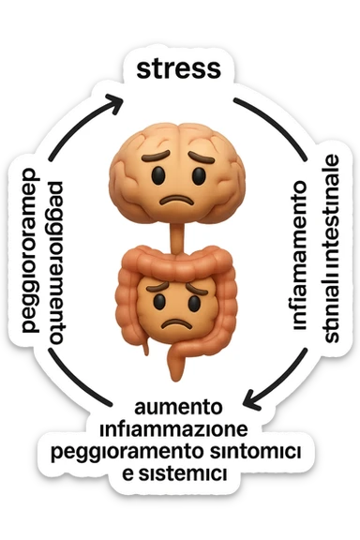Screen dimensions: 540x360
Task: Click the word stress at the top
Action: tap(179, 67)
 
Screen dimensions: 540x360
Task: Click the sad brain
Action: tap(177, 169)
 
